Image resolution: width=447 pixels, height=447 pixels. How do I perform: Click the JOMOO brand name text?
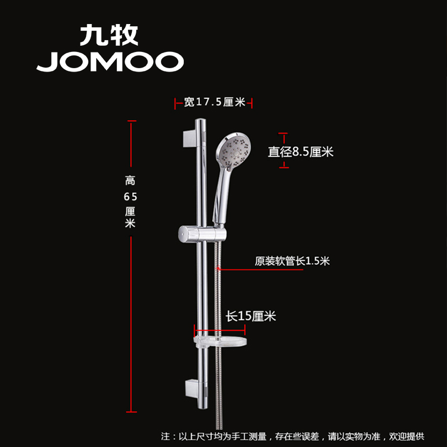[110, 62]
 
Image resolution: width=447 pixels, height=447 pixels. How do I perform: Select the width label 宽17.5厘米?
[215, 102]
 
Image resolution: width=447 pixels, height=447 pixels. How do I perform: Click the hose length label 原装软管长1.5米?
[292, 260]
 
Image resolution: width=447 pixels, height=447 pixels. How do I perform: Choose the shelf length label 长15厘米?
[251, 316]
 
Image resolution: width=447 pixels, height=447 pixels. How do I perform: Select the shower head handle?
[217, 196]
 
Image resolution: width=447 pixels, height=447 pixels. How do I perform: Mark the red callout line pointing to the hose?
[260, 270]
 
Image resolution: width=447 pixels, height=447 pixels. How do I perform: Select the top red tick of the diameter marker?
[284, 134]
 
